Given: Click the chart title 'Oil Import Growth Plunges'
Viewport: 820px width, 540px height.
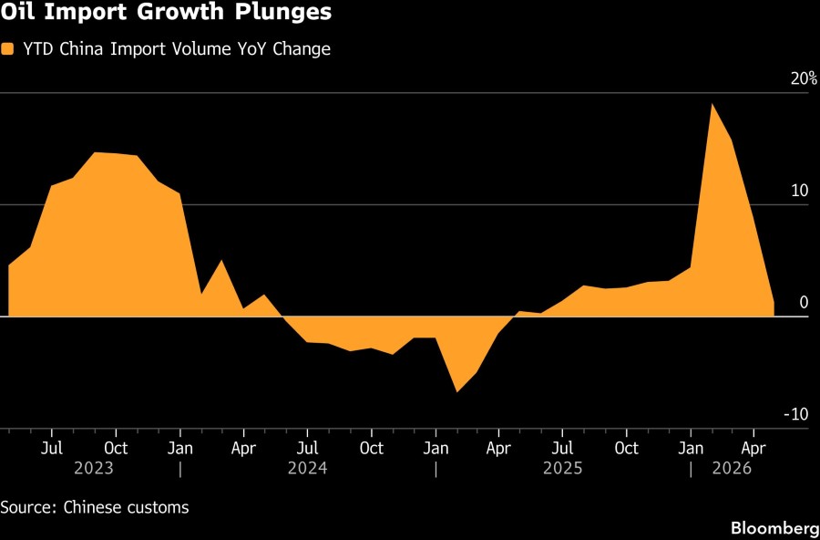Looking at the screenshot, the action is click(x=166, y=12).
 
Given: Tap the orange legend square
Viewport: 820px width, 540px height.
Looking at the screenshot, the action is click(x=7, y=49).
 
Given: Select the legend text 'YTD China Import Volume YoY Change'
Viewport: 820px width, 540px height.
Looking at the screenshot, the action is click(x=177, y=49).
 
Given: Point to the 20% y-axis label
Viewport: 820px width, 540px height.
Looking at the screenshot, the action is click(x=804, y=79).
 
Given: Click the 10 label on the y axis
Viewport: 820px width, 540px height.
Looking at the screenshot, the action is click(x=800, y=191).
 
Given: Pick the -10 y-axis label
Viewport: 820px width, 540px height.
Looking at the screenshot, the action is click(x=795, y=414).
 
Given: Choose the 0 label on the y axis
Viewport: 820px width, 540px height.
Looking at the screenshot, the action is click(x=804, y=302).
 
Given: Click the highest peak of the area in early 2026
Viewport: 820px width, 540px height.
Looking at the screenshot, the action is click(x=712, y=104).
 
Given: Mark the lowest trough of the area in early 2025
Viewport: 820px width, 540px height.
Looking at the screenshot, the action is click(x=457, y=392).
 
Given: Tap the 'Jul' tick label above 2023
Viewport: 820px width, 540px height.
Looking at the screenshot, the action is click(x=52, y=449).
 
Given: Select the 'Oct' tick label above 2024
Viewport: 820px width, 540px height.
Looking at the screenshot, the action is click(x=372, y=449).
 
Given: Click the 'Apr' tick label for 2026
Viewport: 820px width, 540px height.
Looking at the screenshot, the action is click(x=754, y=449).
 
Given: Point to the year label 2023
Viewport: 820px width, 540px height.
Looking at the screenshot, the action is click(x=94, y=468).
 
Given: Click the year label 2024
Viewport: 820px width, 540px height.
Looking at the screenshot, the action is click(x=308, y=468).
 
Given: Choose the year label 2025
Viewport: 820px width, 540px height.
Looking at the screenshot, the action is click(x=563, y=468).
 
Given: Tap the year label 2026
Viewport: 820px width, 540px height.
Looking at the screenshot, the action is click(x=733, y=468).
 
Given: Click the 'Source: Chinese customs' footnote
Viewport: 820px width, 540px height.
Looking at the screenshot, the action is click(x=95, y=507).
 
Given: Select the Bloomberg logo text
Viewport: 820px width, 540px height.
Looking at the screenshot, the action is click(x=774, y=527).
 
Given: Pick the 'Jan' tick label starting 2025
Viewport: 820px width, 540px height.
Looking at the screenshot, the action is click(x=436, y=449).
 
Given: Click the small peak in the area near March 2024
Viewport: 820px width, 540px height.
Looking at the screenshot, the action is click(x=221, y=260).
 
